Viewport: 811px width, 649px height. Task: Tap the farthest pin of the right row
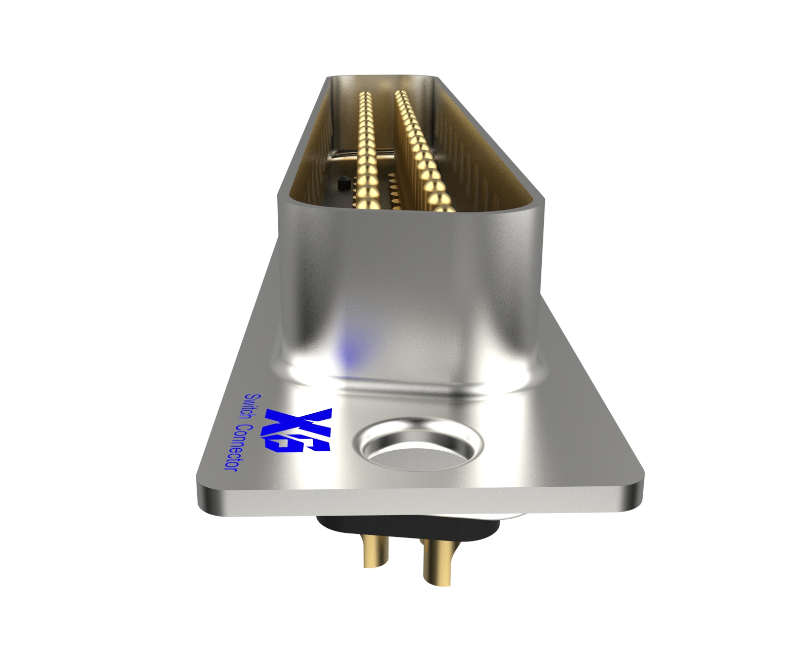coord(399,93)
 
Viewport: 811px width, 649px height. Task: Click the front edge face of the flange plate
coord(421,502)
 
